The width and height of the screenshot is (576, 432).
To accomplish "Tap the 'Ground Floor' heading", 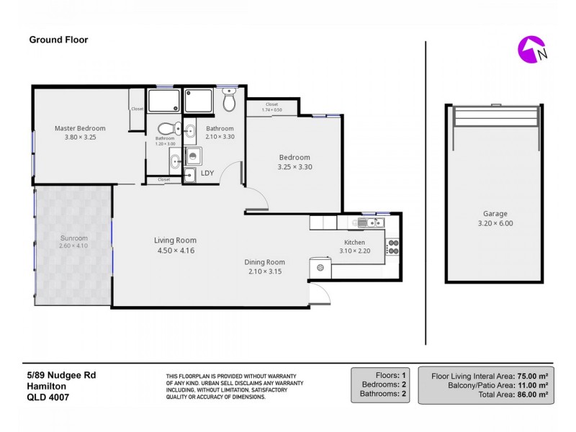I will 58,40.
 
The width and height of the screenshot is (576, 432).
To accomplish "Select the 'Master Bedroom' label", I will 80,128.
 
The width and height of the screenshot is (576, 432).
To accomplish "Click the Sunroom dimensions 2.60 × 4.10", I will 74,246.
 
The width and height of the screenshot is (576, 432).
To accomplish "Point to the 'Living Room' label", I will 175,240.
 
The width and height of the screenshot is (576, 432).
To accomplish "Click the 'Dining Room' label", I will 264,262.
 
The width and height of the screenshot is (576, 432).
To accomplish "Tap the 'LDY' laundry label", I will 207,173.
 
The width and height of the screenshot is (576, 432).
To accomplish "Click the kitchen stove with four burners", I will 393,247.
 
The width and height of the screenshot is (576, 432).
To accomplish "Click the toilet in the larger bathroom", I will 230,102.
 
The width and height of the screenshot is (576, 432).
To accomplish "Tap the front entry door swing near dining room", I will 318,293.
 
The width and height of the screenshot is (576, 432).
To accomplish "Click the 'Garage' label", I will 495,214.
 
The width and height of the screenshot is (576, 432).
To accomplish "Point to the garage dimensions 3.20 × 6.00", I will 495,223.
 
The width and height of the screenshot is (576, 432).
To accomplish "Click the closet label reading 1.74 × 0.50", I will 273,109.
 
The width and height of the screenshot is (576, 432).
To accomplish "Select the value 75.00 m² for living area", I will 534,376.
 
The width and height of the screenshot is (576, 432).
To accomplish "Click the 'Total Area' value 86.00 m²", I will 534,395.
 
